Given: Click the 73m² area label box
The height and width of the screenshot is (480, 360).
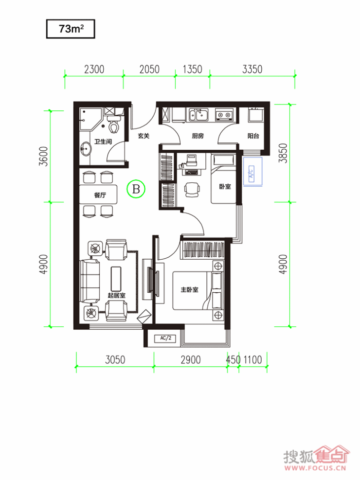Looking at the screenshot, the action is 71,29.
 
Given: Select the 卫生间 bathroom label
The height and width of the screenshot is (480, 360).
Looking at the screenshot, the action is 103,142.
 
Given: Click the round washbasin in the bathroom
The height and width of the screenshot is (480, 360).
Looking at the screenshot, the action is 86,149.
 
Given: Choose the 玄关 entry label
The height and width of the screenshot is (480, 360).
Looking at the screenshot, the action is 143,136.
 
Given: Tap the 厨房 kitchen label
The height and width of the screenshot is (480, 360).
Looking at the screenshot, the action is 198,136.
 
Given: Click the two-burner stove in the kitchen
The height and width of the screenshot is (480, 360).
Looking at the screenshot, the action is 224,115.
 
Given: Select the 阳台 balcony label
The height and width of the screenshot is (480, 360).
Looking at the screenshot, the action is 253,136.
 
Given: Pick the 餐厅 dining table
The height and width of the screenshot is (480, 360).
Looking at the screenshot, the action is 98,195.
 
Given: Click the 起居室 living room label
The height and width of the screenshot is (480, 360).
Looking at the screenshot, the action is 116,295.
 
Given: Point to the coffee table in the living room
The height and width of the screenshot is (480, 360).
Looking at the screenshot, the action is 116,279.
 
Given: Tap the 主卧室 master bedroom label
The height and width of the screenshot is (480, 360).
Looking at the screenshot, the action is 190,289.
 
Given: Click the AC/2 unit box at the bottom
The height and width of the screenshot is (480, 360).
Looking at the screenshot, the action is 165,338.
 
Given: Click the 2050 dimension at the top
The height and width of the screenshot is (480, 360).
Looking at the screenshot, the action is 149,70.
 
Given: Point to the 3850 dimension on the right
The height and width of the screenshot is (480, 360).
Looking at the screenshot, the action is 284,153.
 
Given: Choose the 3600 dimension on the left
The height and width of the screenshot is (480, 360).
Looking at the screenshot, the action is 44,157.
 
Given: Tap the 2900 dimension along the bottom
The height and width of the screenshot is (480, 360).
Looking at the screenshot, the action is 191,360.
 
